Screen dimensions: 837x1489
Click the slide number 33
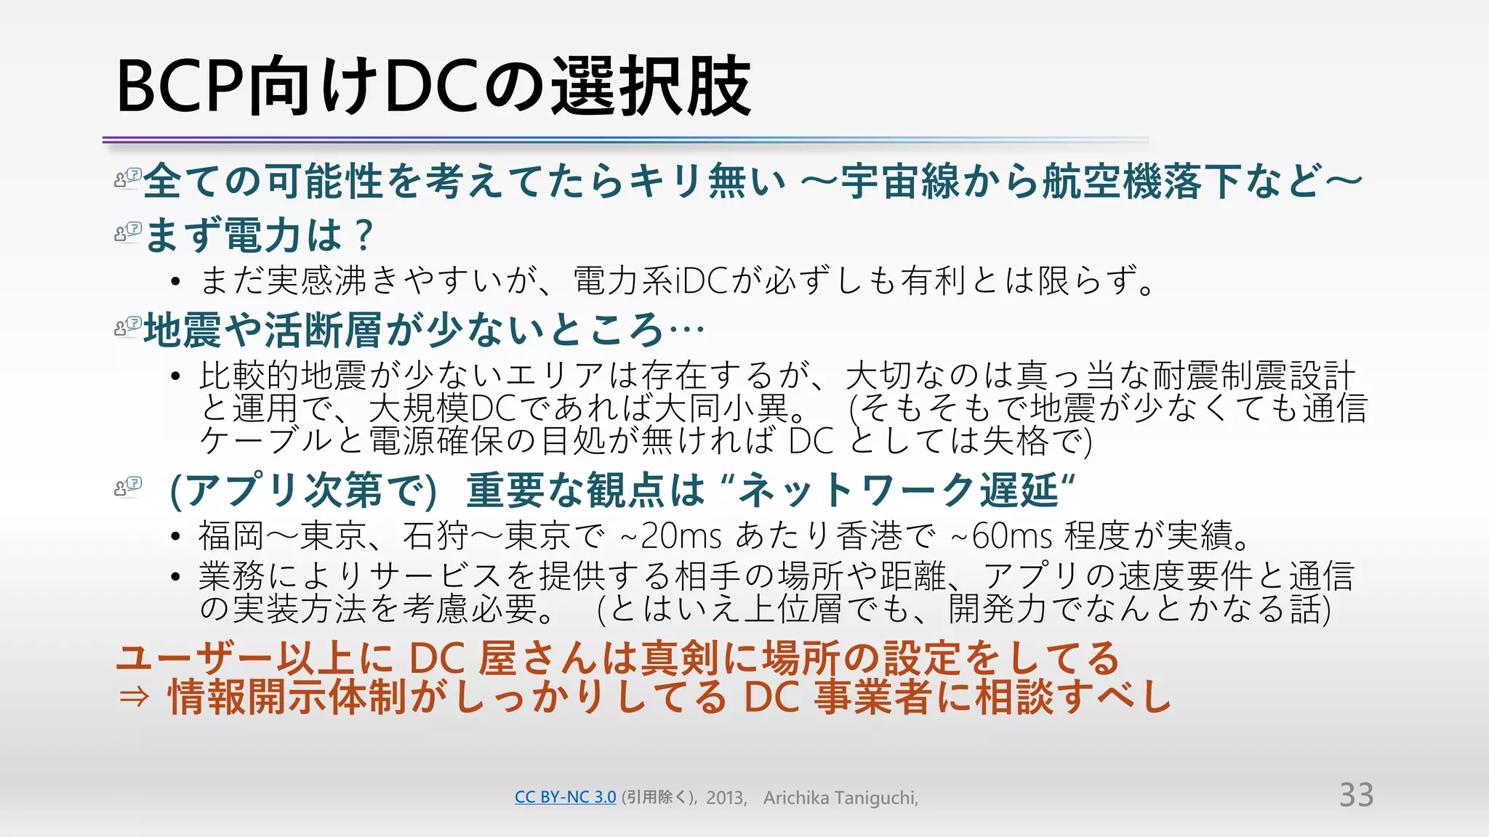click(x=1356, y=795)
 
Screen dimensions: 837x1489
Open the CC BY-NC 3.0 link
click(x=565, y=797)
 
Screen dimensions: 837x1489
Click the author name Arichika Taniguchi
click(x=840, y=798)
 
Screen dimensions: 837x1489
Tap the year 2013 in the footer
click(x=725, y=798)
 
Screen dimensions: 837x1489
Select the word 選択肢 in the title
click(x=651, y=87)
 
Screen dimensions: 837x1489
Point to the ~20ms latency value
click(x=671, y=536)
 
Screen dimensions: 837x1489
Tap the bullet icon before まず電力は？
click(x=128, y=232)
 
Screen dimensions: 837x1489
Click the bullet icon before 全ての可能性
click(x=128, y=177)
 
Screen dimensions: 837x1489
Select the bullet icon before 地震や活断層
click(x=128, y=327)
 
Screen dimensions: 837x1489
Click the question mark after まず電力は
click(x=364, y=235)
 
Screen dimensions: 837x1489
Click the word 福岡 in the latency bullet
click(x=232, y=536)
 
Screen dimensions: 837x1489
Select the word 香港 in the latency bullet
click(x=870, y=536)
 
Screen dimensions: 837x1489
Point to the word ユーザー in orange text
click(x=195, y=658)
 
